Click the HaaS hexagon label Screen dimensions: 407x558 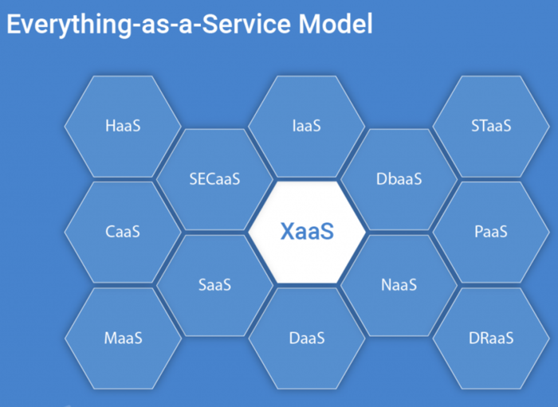point(123,126)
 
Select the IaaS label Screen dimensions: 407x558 point(307,126)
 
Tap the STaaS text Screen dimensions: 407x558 point(490,126)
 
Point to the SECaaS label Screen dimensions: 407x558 point(214,179)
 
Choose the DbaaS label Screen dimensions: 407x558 point(399,179)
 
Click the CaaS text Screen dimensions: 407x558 point(123,232)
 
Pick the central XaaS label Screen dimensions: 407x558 point(307,232)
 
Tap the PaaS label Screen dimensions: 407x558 point(490,232)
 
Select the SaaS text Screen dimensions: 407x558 point(214,285)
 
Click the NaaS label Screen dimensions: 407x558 point(399,285)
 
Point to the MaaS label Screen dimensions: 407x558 point(123,338)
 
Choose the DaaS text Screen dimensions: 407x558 point(307,338)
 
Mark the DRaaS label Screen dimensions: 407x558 point(490,338)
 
